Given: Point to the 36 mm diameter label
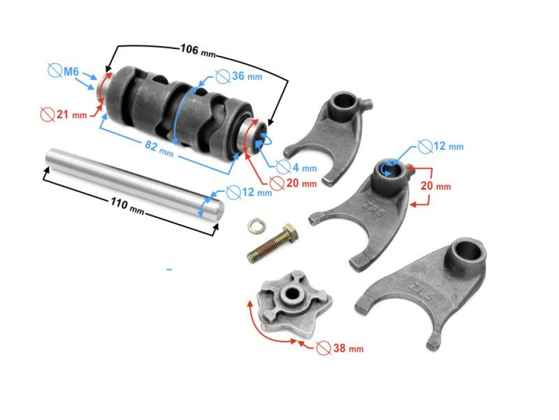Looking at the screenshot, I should pyautogui.click(x=239, y=76).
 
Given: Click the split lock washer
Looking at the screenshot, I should pyautogui.click(x=254, y=226).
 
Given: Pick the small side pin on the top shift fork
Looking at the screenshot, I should pyautogui.click(x=366, y=105).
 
